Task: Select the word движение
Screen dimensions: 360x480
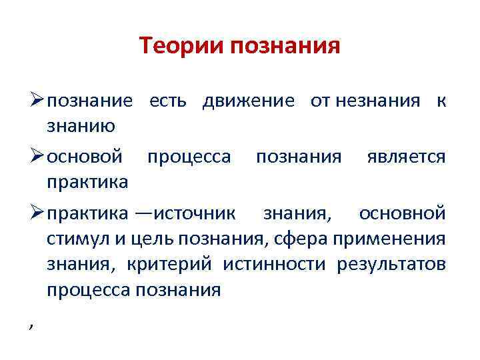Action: [x=248, y=101]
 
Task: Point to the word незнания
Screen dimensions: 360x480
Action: [x=378, y=101]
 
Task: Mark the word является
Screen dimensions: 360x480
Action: [x=406, y=157]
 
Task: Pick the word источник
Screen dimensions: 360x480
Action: [x=194, y=213]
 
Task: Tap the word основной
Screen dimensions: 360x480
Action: [x=402, y=213]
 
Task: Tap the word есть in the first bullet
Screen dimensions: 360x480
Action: [x=173, y=101]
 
